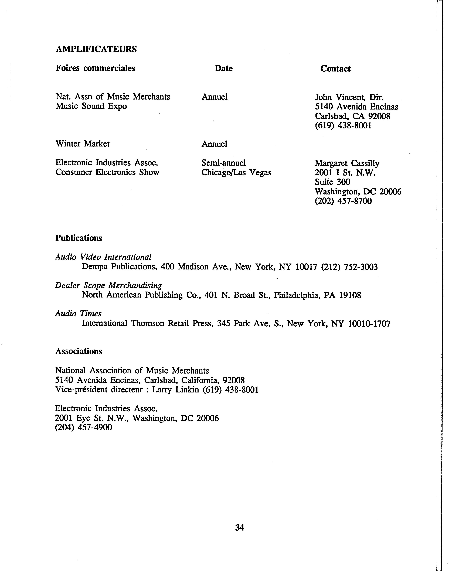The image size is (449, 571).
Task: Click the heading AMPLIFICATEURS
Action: pyautogui.click(x=96, y=49)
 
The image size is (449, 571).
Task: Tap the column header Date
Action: pyautogui.click(x=223, y=68)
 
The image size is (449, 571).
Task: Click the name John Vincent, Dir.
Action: pyautogui.click(x=349, y=97)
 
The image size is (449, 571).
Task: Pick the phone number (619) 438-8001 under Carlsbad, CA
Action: pyautogui.click(x=343, y=126)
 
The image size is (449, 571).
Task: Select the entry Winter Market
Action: pyautogui.click(x=83, y=144)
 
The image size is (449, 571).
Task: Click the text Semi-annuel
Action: pyautogui.click(x=223, y=163)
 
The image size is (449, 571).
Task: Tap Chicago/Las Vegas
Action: pyautogui.click(x=236, y=173)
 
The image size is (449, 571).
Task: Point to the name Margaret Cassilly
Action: pyautogui.click(x=347, y=163)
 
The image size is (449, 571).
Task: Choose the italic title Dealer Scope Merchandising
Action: pyautogui.click(x=108, y=285)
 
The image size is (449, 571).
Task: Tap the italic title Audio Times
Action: pyautogui.click(x=78, y=313)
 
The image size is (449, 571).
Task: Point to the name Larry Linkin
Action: pyautogui.click(x=176, y=390)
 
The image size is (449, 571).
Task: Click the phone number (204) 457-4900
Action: pyautogui.click(x=84, y=428)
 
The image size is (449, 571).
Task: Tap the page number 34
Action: pyautogui.click(x=239, y=527)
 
